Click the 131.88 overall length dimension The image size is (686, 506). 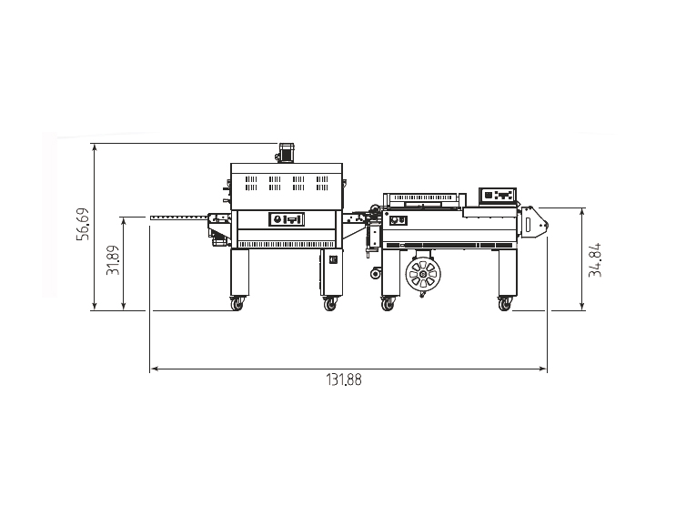[x=344, y=379]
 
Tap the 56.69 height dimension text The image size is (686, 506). [x=83, y=224]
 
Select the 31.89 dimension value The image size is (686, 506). [x=113, y=260]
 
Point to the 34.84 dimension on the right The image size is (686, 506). [x=595, y=260]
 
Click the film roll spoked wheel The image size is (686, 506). [x=423, y=275]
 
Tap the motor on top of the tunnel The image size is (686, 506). [x=285, y=153]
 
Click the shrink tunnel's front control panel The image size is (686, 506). [x=287, y=218]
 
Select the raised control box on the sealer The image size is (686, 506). [x=498, y=195]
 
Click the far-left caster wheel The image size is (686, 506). [x=237, y=303]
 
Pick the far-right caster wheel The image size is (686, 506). [x=504, y=303]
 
